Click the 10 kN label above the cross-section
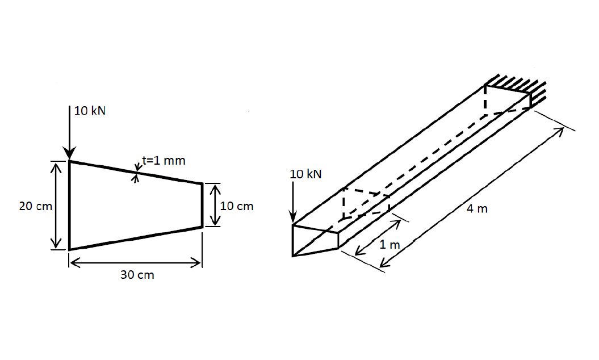pyautogui.click(x=90, y=111)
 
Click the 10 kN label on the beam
pyautogui.click(x=305, y=174)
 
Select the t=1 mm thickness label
pyautogui.click(x=164, y=161)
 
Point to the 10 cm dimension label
pyautogui.click(x=236, y=206)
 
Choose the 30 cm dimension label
pyautogui.click(x=137, y=275)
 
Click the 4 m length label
pyautogui.click(x=477, y=209)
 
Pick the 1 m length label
pyautogui.click(x=389, y=245)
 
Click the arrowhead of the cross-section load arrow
pyautogui.click(x=69, y=153)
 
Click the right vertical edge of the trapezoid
pyautogui.click(x=202, y=205)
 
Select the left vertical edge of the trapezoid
pyautogui.click(x=69, y=205)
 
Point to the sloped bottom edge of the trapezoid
pyautogui.click(x=136, y=238)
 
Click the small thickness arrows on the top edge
pyautogui.click(x=136, y=173)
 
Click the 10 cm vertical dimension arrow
pyautogui.click(x=212, y=205)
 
